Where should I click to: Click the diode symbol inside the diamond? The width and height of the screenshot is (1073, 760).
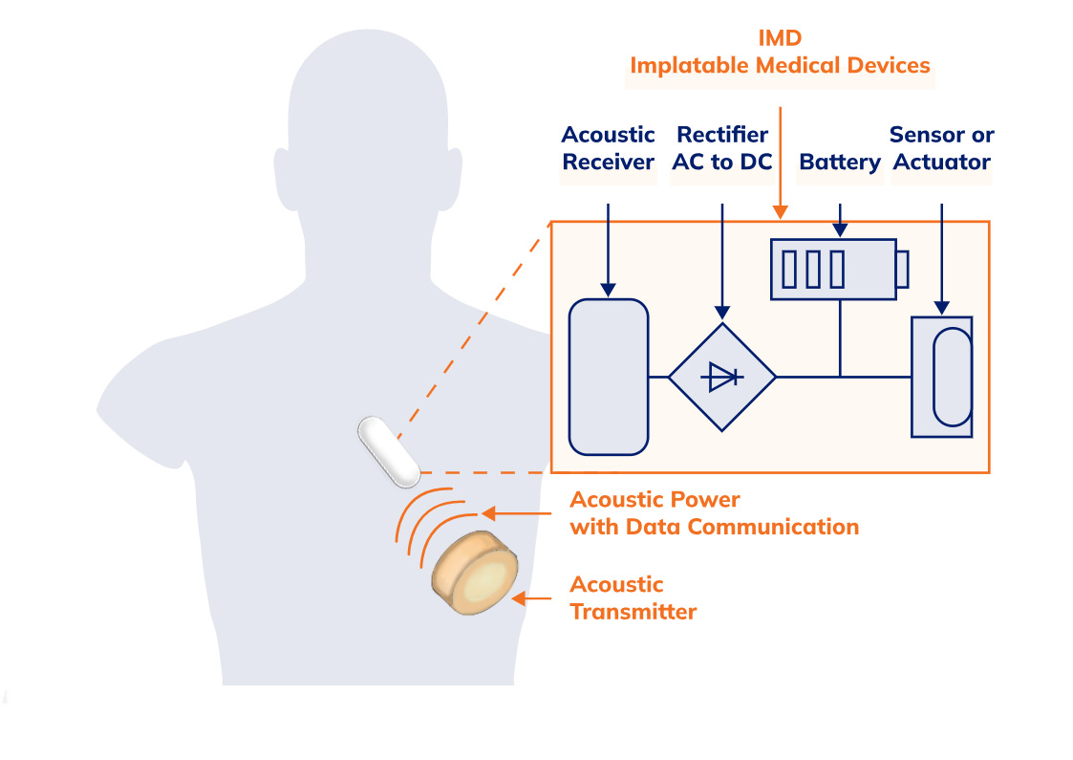pyautogui.click(x=721, y=378)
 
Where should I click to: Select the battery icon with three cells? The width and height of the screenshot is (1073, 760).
pyautogui.click(x=833, y=270)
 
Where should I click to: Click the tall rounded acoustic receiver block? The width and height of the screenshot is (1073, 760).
pyautogui.click(x=609, y=377)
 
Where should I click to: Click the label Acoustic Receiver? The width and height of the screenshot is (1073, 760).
pyautogui.click(x=608, y=148)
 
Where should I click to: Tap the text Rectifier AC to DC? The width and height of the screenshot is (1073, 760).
pyautogui.click(x=721, y=148)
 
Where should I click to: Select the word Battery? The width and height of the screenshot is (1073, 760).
pyautogui.click(x=839, y=162)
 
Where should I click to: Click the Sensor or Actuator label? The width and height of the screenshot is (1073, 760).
pyautogui.click(x=941, y=148)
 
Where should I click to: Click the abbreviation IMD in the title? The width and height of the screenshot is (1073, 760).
pyautogui.click(x=779, y=38)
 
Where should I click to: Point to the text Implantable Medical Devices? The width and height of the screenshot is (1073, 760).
pyautogui.click(x=779, y=66)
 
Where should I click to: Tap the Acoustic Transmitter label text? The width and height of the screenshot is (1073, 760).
pyautogui.click(x=633, y=597)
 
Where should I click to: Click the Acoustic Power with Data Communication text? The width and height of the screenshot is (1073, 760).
pyautogui.click(x=714, y=513)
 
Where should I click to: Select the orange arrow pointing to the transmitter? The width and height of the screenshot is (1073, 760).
pyautogui.click(x=533, y=599)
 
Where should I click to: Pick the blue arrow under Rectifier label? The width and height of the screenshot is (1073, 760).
pyautogui.click(x=722, y=258)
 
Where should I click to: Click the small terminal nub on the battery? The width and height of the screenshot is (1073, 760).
pyautogui.click(x=902, y=270)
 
